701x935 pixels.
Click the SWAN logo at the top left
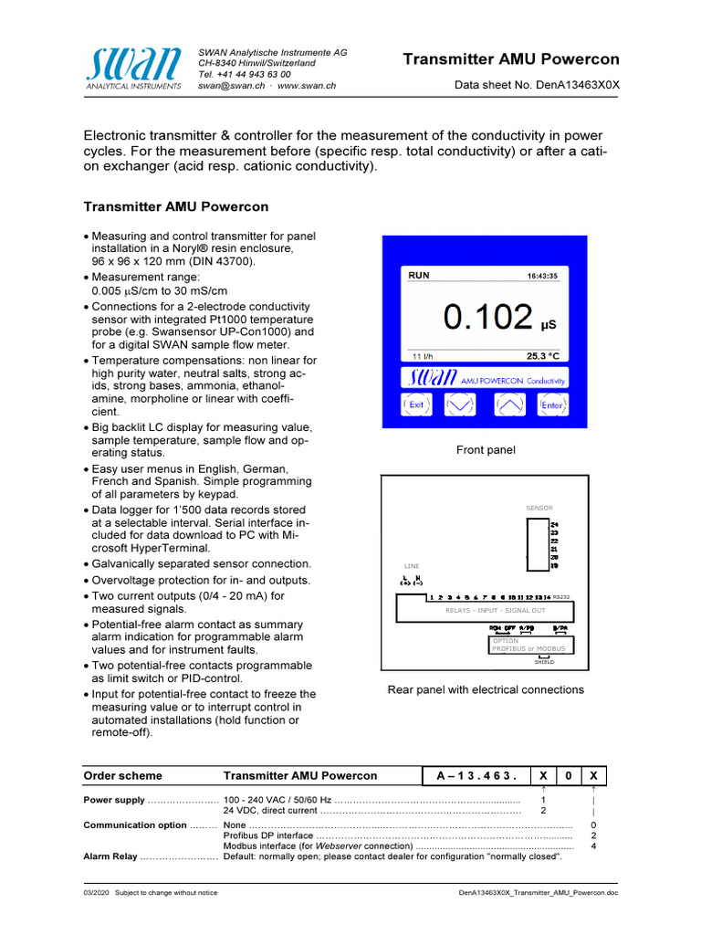pos(134,68)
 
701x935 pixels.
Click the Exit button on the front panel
pos(416,404)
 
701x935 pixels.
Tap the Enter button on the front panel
pos(552,404)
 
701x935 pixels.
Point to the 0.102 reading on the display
pos(487,317)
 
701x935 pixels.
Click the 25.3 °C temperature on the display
pos(542,356)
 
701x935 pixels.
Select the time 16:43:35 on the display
pos(542,275)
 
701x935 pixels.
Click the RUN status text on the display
pos(418,275)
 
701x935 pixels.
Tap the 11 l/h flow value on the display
pos(422,356)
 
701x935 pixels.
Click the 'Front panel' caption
pos(486,449)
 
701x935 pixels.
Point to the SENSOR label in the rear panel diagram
pos(539,508)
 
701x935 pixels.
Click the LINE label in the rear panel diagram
pos(412,566)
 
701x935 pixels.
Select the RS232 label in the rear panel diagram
pos(561,596)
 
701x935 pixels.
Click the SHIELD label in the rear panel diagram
pos(544,661)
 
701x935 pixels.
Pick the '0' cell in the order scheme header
pos(568,775)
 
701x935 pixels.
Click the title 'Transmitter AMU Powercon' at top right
pos(511,60)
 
